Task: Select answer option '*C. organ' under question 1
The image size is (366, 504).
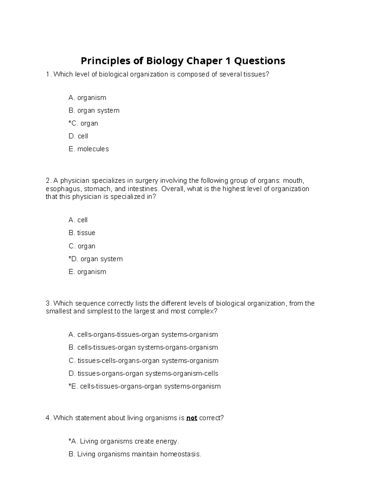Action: click(83, 123)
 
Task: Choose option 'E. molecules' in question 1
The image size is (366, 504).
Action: click(88, 149)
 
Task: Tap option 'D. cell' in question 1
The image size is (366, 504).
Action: click(78, 136)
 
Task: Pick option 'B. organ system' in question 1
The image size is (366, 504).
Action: click(94, 110)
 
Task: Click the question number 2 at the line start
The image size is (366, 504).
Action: click(47, 181)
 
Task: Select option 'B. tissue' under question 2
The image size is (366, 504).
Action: click(82, 233)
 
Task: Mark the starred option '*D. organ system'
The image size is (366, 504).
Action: click(95, 259)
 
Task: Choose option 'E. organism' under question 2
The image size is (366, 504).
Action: click(87, 272)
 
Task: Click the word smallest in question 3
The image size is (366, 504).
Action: click(59, 311)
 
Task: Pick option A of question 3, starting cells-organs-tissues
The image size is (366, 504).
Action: click(143, 335)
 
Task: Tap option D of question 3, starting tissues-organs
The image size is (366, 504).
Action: click(143, 373)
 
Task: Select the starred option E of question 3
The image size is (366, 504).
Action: click(145, 386)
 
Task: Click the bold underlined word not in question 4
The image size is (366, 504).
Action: click(192, 418)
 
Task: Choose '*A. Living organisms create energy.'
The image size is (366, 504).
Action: click(124, 441)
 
